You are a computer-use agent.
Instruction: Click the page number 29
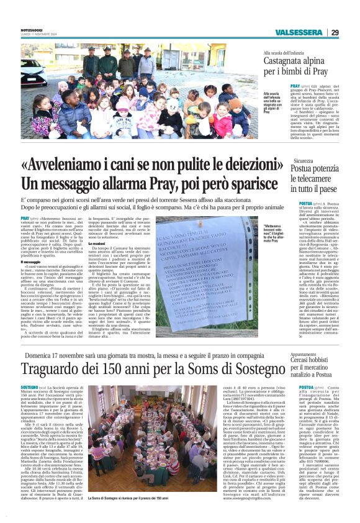[335, 32]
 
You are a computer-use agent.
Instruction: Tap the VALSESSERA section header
[300, 32]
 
